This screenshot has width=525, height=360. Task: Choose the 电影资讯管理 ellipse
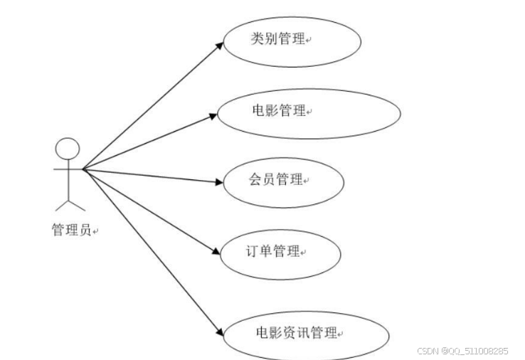click(x=307, y=333)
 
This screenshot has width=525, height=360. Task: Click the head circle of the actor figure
click(x=68, y=149)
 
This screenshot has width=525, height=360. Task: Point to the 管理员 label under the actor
click(x=72, y=230)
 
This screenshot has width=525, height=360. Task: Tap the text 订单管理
click(x=271, y=251)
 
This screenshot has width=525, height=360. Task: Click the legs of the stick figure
click(x=70, y=201)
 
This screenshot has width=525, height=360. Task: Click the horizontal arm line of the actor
click(x=68, y=169)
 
